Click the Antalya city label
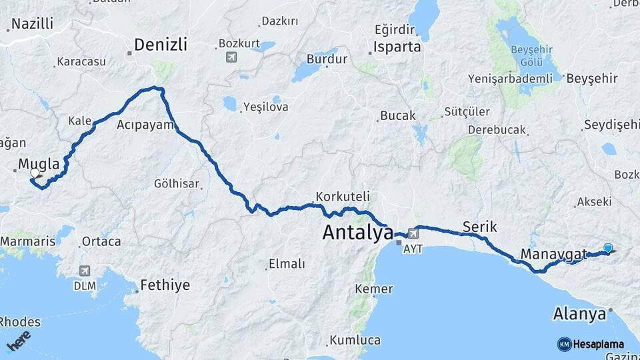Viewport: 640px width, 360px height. (357, 233)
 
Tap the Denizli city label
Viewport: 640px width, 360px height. (160, 45)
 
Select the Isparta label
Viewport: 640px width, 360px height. (397, 47)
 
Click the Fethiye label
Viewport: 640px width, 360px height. (164, 285)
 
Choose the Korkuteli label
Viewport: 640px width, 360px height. (343, 197)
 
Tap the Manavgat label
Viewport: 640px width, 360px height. (553, 254)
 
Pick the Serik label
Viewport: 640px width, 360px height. (479, 227)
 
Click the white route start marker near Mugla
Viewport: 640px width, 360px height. (35, 173)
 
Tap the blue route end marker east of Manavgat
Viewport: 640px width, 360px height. (607, 248)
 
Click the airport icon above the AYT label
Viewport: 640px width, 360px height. (413, 233)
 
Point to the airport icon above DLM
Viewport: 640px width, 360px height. (85, 271)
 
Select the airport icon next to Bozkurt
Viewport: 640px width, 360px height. (231, 57)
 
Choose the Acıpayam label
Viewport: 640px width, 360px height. (145, 125)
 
